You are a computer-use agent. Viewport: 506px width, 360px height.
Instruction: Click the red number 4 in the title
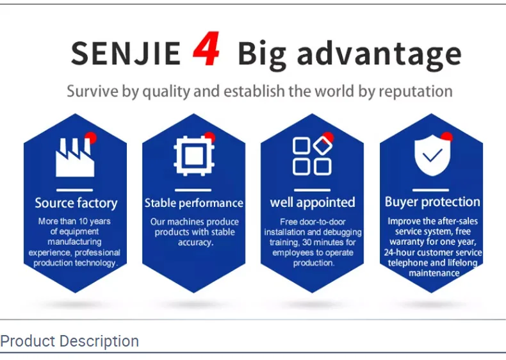[206, 49]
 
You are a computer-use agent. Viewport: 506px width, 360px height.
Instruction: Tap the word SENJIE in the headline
[126, 53]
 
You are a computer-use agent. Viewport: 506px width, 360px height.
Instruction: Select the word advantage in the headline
[379, 55]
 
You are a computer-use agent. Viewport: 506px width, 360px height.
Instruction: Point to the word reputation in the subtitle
[416, 92]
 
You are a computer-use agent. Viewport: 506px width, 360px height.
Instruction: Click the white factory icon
[75, 158]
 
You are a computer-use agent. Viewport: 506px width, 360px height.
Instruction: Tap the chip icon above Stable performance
[194, 156]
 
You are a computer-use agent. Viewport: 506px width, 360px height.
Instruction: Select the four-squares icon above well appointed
[312, 156]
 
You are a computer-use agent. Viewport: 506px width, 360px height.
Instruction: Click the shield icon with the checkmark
[432, 155]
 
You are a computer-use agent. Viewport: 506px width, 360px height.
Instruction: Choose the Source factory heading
[76, 204]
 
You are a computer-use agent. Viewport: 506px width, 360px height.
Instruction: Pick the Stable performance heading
[193, 204]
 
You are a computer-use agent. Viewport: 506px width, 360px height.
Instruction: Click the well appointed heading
[313, 203]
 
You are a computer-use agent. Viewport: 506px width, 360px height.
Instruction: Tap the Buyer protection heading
[432, 202]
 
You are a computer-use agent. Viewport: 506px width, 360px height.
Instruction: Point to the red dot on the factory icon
[91, 138]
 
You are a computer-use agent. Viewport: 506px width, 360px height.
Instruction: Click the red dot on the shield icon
[446, 136]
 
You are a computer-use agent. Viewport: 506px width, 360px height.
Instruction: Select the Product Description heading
[69, 341]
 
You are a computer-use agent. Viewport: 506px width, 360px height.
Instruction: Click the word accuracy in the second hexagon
[195, 243]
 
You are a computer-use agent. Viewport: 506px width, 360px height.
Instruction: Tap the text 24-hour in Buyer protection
[398, 252]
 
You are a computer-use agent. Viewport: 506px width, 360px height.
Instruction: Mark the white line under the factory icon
[74, 190]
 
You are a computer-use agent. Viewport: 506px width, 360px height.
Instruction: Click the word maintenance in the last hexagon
[434, 273]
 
